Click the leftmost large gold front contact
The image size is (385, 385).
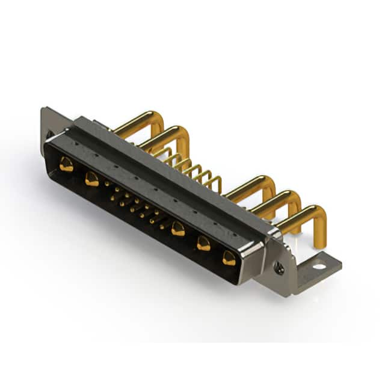(66, 164)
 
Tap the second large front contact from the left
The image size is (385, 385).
(91, 179)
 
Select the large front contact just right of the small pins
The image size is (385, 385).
(177, 229)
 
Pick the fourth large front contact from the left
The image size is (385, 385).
(203, 243)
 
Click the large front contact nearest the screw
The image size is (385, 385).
(229, 258)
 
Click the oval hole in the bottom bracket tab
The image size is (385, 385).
(319, 266)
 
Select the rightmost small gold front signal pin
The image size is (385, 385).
(161, 226)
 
